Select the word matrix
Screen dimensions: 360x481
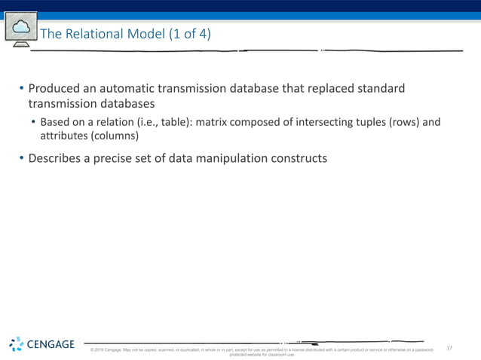215,122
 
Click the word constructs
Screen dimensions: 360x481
302,158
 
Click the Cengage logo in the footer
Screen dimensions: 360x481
42,345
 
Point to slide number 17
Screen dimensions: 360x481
449,348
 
